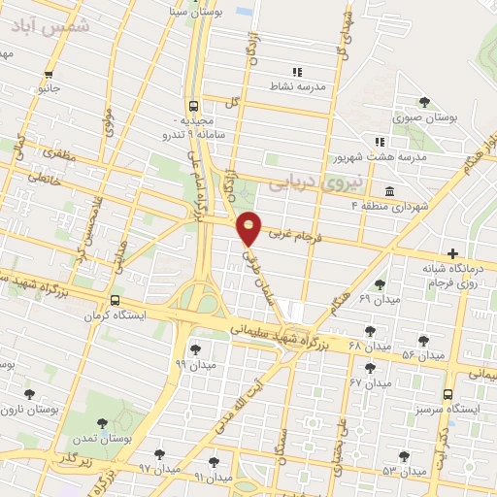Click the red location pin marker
249,227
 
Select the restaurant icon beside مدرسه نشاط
298,72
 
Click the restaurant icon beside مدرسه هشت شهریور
380,142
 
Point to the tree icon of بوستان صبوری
422,102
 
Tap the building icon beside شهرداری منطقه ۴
389,190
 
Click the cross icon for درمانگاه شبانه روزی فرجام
451,251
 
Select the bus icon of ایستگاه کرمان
115,300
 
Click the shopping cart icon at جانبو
49,74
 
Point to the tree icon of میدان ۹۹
195,349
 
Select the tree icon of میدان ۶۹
379,284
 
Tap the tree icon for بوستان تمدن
102,423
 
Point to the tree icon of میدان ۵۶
422,341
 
